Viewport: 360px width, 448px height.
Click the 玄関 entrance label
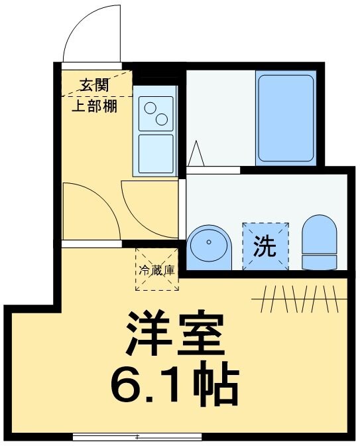click(x=95, y=85)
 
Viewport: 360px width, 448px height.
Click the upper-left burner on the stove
click(x=150, y=108)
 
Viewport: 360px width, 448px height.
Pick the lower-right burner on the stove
click(x=161, y=119)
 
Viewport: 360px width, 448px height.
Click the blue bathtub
click(x=285, y=118)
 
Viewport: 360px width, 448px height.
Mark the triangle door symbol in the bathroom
click(x=196, y=154)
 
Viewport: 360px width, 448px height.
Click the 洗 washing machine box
click(x=266, y=246)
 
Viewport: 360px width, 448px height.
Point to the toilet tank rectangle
click(x=320, y=261)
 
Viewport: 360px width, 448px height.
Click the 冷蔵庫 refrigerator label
click(x=156, y=270)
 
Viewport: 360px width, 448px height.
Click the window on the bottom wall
click(x=137, y=437)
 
